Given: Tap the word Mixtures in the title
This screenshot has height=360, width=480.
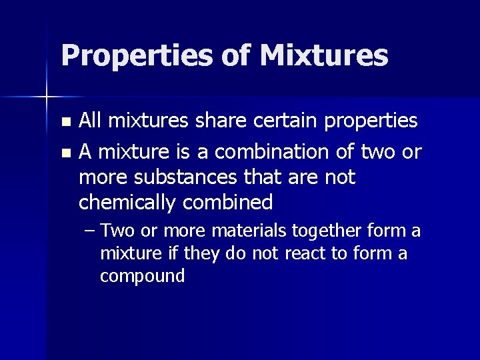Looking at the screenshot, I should (x=324, y=55).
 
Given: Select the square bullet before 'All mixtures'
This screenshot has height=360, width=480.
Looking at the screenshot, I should (x=65, y=123).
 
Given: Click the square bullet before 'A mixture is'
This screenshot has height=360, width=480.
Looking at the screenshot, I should (x=65, y=153).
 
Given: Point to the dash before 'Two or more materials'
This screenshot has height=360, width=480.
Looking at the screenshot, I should (x=91, y=231).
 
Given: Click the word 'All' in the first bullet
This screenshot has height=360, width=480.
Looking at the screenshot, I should (x=91, y=121).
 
